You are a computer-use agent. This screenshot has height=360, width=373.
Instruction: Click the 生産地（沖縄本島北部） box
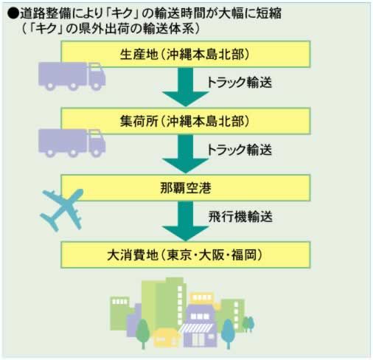coord(186,54)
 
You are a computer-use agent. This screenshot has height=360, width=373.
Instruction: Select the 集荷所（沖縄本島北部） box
coord(186,121)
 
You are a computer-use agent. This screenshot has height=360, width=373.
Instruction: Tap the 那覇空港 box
coord(186,188)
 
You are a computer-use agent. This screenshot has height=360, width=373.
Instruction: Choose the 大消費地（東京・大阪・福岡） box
coord(186,255)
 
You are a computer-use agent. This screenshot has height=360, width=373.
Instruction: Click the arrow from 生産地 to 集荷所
coord(186,87)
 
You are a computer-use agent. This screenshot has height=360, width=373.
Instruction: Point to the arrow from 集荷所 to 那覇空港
coord(186,154)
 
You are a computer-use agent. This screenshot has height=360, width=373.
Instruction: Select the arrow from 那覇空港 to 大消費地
coord(186,221)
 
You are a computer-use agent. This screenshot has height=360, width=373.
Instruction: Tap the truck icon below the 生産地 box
coord(72,76)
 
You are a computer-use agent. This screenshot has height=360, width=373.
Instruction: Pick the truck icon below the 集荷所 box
coord(72,143)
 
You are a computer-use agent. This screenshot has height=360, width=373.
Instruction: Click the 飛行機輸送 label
coord(240,217)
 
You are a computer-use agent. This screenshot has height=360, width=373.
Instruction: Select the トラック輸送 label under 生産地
coord(240,83)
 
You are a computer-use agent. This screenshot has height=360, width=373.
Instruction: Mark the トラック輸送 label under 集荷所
coord(240,150)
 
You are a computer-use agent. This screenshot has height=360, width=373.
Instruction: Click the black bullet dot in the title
coord(13,13)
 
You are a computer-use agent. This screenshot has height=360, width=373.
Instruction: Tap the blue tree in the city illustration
coord(228,333)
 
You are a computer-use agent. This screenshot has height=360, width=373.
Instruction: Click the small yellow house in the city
coord(166,338)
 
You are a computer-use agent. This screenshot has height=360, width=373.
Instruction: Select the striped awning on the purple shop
coord(196,328)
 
